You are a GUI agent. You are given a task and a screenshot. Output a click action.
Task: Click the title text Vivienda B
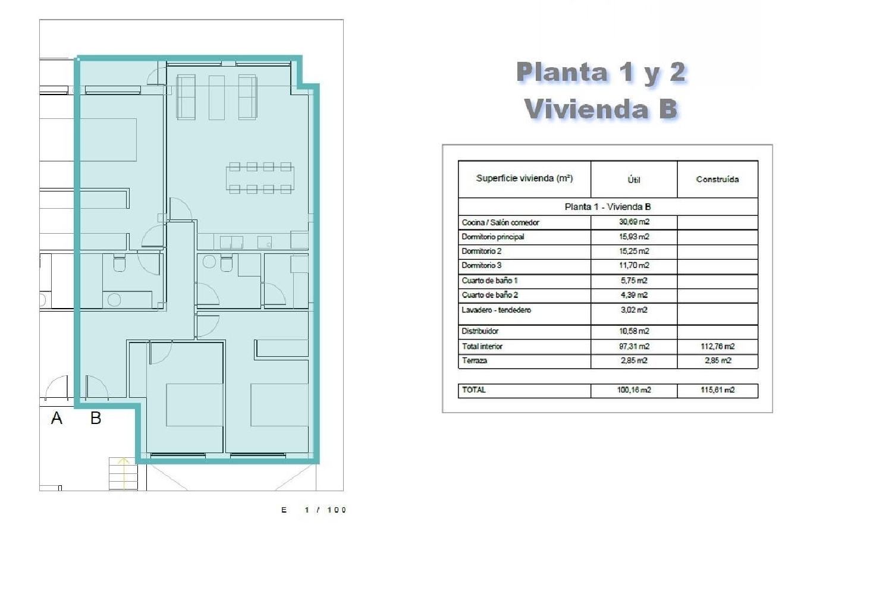(601, 109)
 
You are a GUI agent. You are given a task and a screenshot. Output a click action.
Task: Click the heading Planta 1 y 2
(601, 73)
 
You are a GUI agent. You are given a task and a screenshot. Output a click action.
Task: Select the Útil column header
(634, 180)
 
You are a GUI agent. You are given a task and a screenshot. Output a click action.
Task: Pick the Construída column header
(717, 179)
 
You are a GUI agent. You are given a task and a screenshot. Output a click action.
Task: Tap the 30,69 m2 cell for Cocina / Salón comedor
(634, 222)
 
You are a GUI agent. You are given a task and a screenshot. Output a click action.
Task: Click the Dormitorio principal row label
(493, 237)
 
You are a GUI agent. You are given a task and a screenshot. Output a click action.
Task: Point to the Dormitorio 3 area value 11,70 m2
(634, 265)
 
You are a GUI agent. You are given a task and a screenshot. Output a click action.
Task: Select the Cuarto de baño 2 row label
(490, 295)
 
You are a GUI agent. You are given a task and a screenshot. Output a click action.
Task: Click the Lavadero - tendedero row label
(497, 310)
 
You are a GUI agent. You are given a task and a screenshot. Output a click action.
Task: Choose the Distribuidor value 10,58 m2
(634, 331)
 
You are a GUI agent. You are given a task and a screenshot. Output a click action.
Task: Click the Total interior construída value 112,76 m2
(717, 346)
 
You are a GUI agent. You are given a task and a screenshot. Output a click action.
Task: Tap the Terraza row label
(475, 360)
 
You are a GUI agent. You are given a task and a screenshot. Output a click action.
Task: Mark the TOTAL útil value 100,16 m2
(634, 390)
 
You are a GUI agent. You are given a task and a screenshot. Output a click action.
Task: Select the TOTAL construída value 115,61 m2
(717, 390)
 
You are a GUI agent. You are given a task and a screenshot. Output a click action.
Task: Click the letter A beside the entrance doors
(56, 419)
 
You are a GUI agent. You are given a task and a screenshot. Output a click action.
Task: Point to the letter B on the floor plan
(96, 419)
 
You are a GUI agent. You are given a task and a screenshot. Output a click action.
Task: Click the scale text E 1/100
(314, 510)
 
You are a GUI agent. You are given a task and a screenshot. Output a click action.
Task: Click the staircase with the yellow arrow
(123, 473)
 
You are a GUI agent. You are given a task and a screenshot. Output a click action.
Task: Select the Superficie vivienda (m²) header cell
(524, 178)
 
